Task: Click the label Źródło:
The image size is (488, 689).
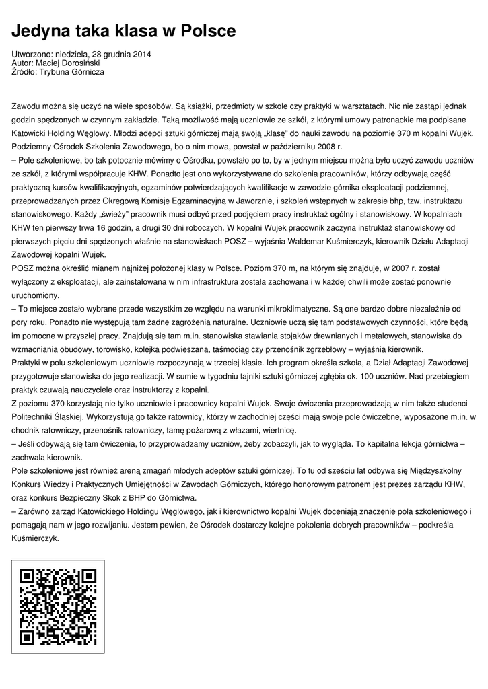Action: [25, 71]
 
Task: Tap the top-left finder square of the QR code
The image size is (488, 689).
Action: [28, 577]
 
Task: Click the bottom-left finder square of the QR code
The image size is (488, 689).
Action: [28, 636]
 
